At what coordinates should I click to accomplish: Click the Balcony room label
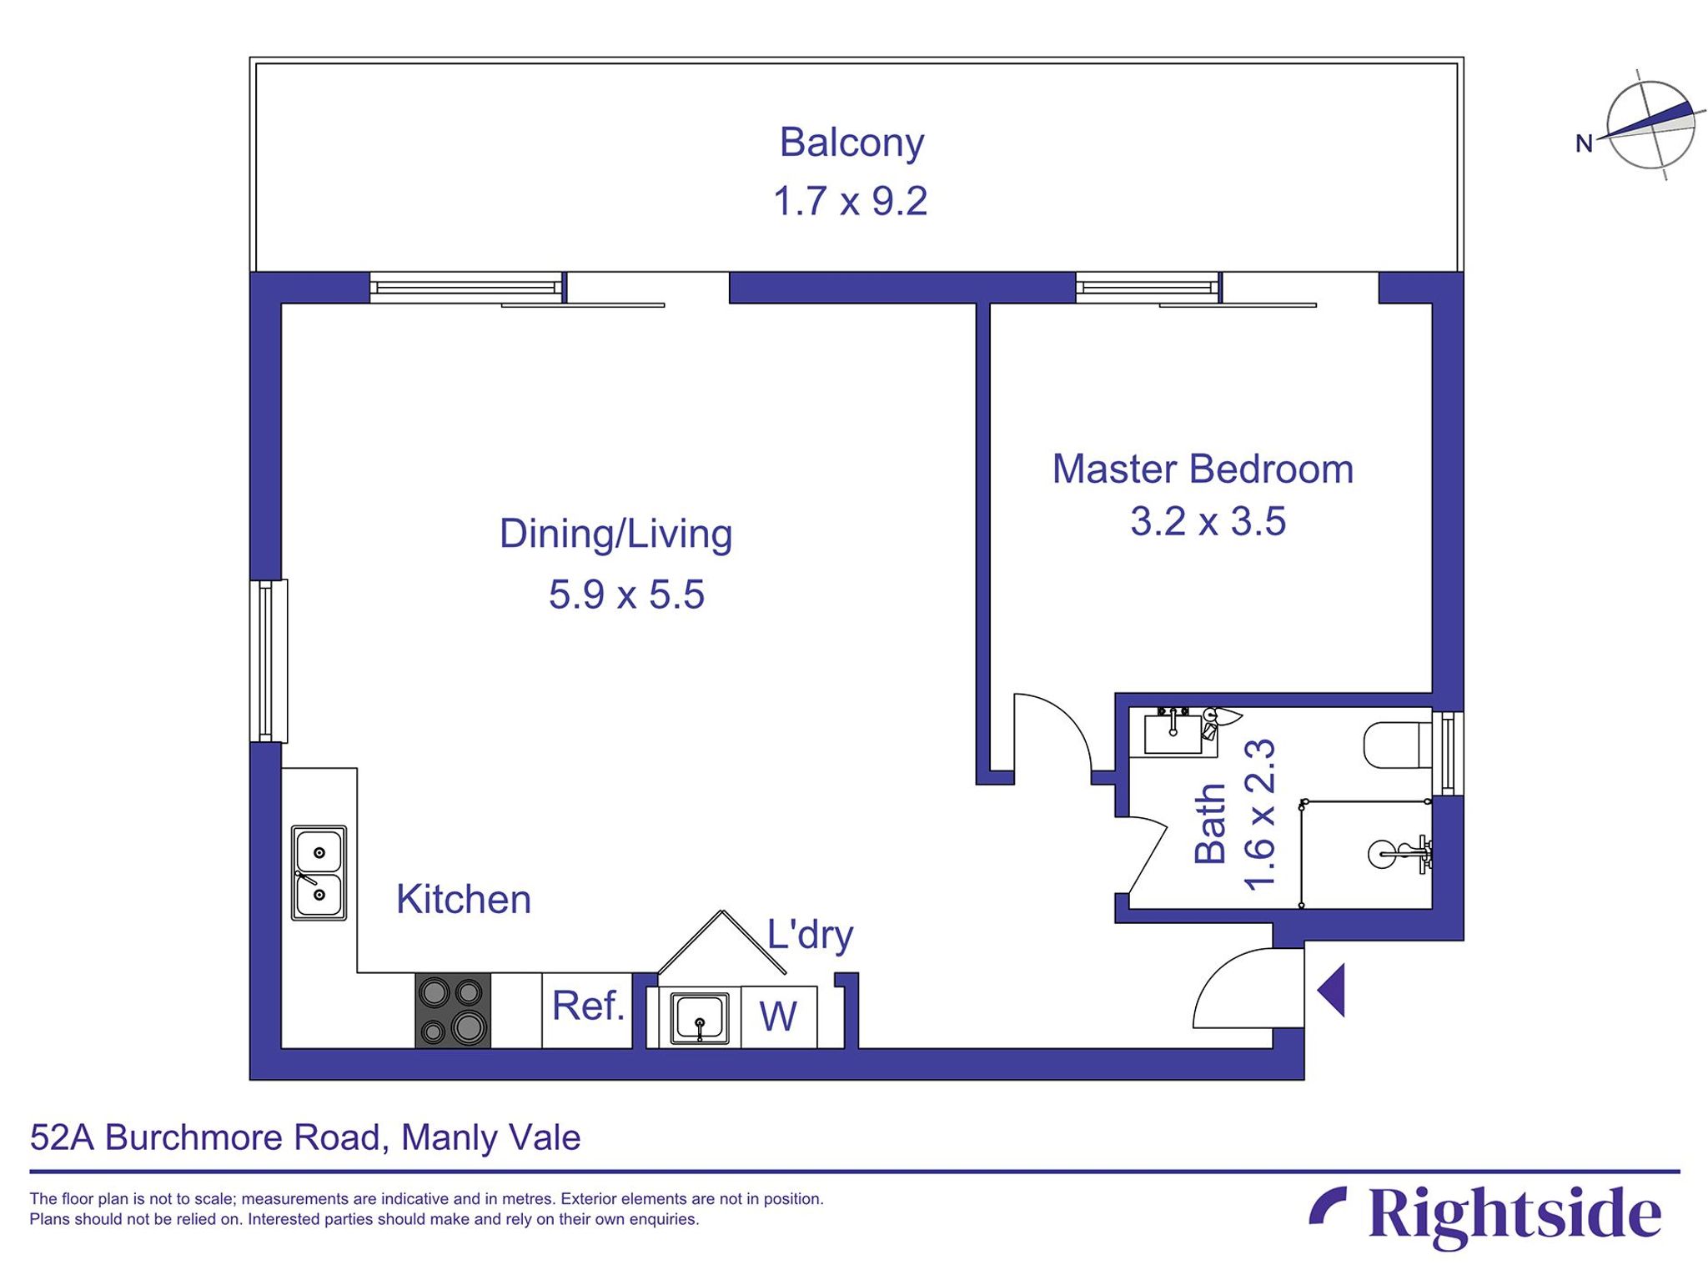coord(851,143)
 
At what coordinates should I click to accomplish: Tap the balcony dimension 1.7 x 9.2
coord(850,202)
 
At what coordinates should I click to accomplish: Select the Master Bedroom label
coord(1202,469)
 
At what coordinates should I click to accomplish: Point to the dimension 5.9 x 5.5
coord(626,595)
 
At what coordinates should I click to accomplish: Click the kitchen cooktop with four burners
coord(453,1011)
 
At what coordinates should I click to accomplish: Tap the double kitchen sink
coord(319,873)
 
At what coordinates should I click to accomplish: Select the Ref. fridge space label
coord(588,1006)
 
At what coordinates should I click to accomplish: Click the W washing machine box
coord(778,1016)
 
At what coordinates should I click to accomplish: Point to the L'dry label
coord(809,935)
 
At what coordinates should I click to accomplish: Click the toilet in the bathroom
coord(1396,745)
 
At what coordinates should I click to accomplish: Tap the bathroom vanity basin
coord(1173,734)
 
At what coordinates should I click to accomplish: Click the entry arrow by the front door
coord(1332,990)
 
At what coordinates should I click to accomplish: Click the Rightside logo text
coord(1515,1214)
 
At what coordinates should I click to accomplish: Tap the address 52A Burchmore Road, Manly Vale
coord(305,1138)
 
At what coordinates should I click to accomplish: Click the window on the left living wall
coord(269,660)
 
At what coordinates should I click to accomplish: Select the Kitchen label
coord(464,900)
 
